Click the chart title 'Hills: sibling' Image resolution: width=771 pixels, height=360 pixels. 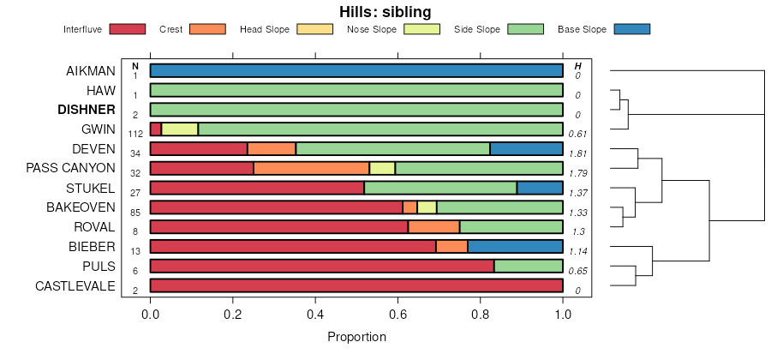point(385,11)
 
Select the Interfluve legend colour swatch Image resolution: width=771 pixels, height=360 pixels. point(128,29)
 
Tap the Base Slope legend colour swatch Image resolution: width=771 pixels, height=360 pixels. point(632,29)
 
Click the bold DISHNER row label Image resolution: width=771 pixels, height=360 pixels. point(86,110)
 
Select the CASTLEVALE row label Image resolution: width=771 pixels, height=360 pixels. point(75,285)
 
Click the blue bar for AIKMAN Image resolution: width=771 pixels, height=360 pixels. point(356,70)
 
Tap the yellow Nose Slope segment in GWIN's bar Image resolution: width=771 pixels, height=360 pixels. point(180,129)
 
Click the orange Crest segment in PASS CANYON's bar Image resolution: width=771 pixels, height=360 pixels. point(311,168)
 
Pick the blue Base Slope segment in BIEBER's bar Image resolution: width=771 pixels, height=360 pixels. point(515,247)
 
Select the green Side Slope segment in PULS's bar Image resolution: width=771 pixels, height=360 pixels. point(528,267)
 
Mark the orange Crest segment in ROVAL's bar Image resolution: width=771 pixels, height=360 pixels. point(433,227)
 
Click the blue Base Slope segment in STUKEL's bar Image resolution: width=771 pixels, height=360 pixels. point(540,188)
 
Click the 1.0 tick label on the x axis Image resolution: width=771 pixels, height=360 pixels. point(563,314)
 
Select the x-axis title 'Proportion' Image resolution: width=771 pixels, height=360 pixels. point(356,337)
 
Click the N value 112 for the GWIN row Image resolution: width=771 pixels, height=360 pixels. point(135,135)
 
